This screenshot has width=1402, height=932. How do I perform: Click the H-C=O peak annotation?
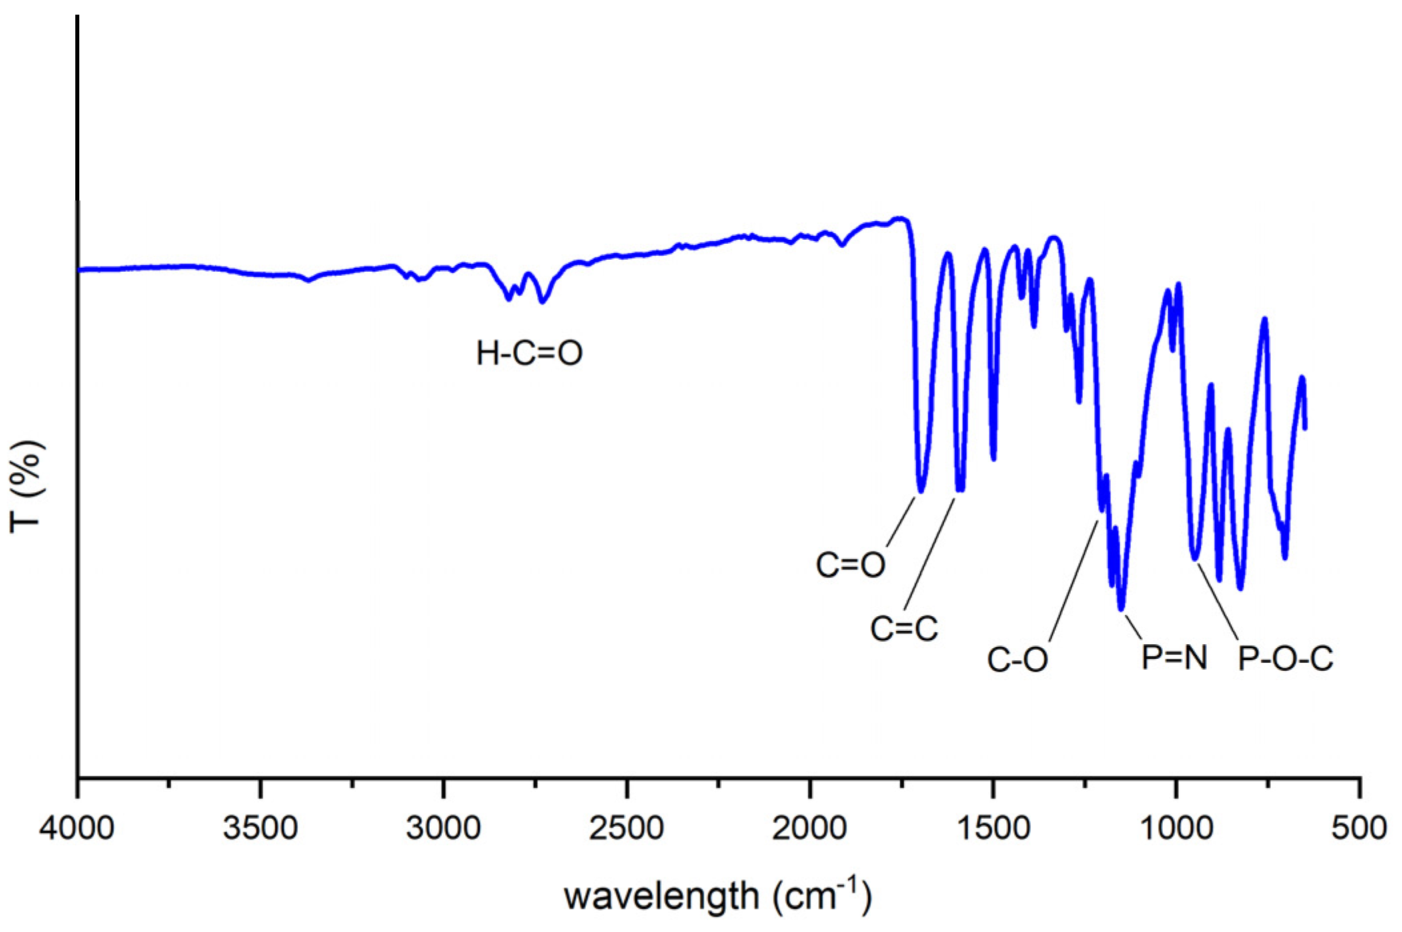529,353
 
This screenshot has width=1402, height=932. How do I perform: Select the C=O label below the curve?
850,565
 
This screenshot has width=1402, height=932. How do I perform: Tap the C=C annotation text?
904,628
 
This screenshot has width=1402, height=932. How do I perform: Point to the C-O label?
1017,660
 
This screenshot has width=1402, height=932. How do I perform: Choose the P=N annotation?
1174,658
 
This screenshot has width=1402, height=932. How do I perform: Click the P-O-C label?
1285,659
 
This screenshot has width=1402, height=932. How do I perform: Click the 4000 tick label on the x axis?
77,828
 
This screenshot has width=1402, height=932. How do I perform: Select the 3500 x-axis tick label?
260,828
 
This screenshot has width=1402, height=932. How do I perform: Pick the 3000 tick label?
443,828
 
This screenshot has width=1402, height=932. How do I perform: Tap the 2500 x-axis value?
626,828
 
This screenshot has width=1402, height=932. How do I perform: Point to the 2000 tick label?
810,828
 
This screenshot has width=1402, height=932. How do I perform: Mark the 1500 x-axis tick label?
993,828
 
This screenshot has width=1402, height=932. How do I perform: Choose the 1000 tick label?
1176,828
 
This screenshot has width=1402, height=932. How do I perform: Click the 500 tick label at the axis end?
1359,828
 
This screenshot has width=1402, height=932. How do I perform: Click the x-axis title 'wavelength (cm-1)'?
718,896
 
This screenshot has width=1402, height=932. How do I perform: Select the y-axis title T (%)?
27,486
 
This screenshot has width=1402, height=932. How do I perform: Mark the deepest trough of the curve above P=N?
1121,608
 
